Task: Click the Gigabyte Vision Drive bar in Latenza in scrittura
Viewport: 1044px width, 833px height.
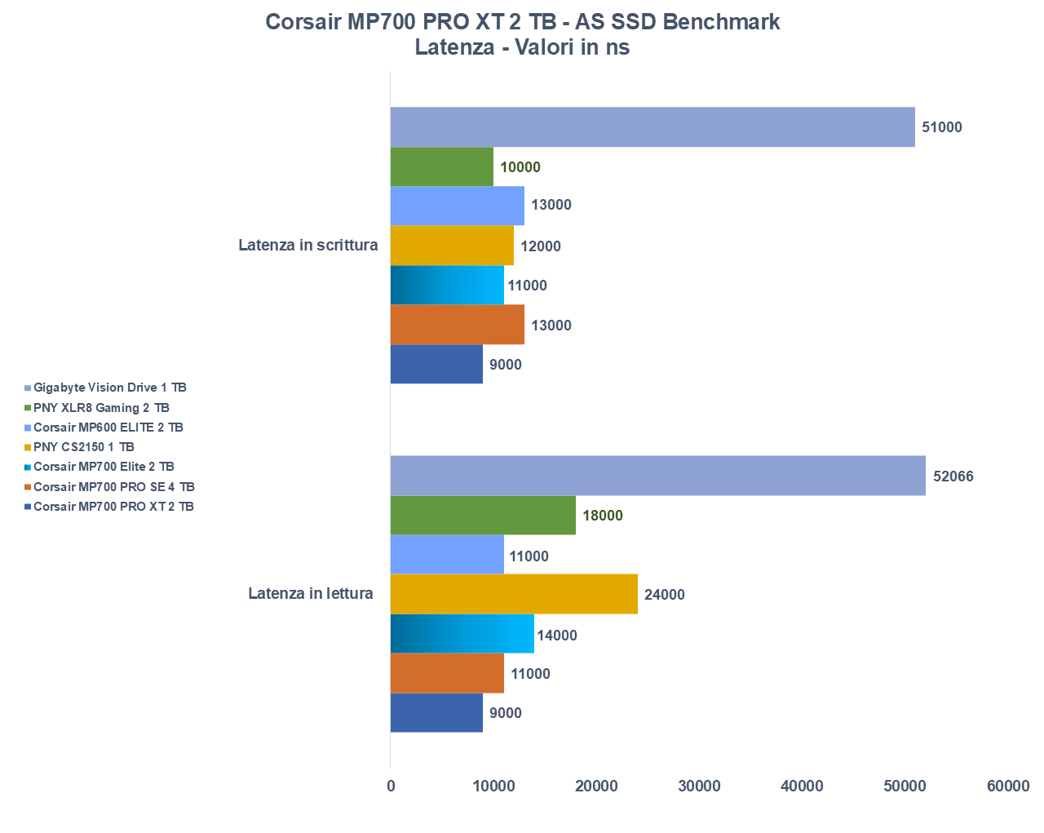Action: (652, 127)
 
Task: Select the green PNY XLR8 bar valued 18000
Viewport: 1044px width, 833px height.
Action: (483, 516)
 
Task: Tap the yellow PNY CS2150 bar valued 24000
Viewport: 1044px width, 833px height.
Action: (514, 595)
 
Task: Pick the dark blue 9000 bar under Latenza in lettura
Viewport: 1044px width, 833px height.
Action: (436, 713)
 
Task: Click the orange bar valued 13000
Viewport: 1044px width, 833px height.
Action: (457, 325)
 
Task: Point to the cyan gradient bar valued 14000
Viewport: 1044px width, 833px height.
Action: (462, 634)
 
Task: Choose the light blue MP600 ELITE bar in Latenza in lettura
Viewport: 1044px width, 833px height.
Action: (447, 556)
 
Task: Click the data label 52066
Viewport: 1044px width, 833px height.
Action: (953, 476)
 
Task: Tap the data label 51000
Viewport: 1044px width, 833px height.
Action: (942, 127)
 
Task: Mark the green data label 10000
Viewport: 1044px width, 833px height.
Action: (520, 167)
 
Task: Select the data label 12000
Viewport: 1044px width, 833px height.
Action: (541, 246)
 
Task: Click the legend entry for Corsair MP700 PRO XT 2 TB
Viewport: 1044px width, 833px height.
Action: (113, 507)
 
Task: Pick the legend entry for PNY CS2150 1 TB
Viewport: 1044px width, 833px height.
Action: (83, 447)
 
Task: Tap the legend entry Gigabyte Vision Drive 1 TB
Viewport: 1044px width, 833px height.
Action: (109, 388)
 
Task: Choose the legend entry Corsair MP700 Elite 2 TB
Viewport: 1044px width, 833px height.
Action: (104, 467)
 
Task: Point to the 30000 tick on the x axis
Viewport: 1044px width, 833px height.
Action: (700, 786)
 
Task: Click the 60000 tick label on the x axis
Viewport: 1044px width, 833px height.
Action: (1008, 786)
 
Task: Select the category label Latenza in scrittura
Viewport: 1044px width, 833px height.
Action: (308, 245)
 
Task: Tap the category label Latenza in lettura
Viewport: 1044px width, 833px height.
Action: (311, 593)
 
